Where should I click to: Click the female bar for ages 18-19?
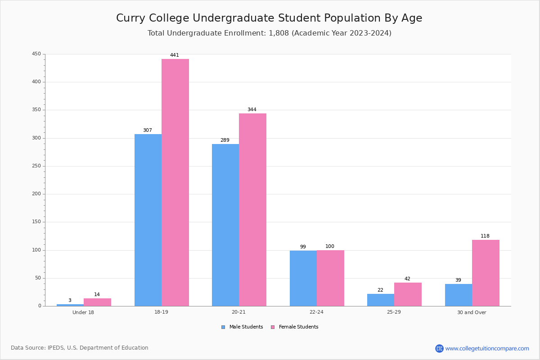(175, 183)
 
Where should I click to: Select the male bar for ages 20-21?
(225, 225)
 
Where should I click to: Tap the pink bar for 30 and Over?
(486, 273)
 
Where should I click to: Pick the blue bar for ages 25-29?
(381, 300)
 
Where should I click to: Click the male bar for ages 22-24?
(303, 279)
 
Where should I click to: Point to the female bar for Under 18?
(97, 302)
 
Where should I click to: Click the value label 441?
(175, 55)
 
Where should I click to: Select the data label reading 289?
(225, 140)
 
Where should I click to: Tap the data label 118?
(485, 236)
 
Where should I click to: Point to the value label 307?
(148, 130)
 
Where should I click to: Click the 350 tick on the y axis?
(36, 110)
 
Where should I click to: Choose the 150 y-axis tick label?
(36, 222)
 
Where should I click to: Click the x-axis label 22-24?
(316, 312)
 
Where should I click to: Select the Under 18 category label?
(83, 312)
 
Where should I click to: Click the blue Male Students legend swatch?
(223, 327)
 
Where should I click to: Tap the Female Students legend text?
(298, 327)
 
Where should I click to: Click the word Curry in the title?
(130, 18)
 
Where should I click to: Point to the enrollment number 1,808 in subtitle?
(279, 33)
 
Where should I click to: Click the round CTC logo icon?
(439, 348)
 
